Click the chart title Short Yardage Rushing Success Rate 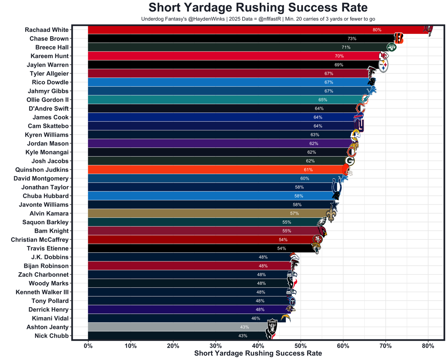click(x=258, y=8)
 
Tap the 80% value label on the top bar click(x=377, y=30)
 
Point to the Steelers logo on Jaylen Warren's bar click(x=384, y=65)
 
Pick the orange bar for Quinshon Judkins click(x=210, y=170)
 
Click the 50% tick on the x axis click(x=301, y=346)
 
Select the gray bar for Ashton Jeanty click(x=175, y=327)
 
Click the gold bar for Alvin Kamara click(x=203, y=213)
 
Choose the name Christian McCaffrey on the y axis click(x=40, y=240)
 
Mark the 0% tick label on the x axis click(x=88, y=346)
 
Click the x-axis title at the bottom click(x=258, y=353)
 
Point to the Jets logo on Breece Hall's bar click(x=391, y=47)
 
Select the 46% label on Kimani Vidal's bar click(x=256, y=318)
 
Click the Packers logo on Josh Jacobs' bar click(x=350, y=161)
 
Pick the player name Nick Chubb click(x=51, y=336)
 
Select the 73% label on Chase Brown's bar click(x=352, y=38)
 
